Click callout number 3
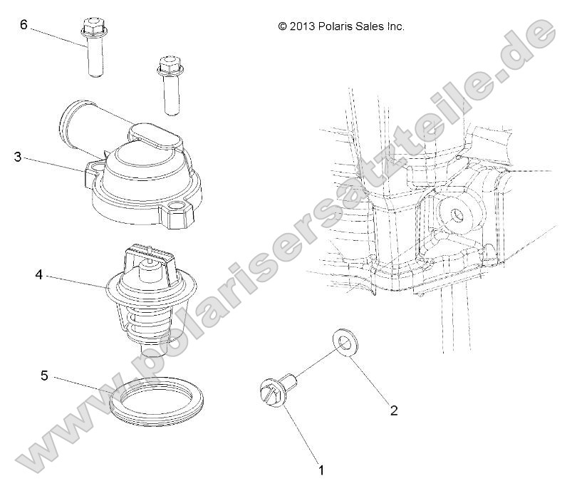(x=16, y=157)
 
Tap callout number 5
(x=44, y=376)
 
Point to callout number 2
(x=392, y=410)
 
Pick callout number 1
(x=321, y=470)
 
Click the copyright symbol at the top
(x=283, y=26)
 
